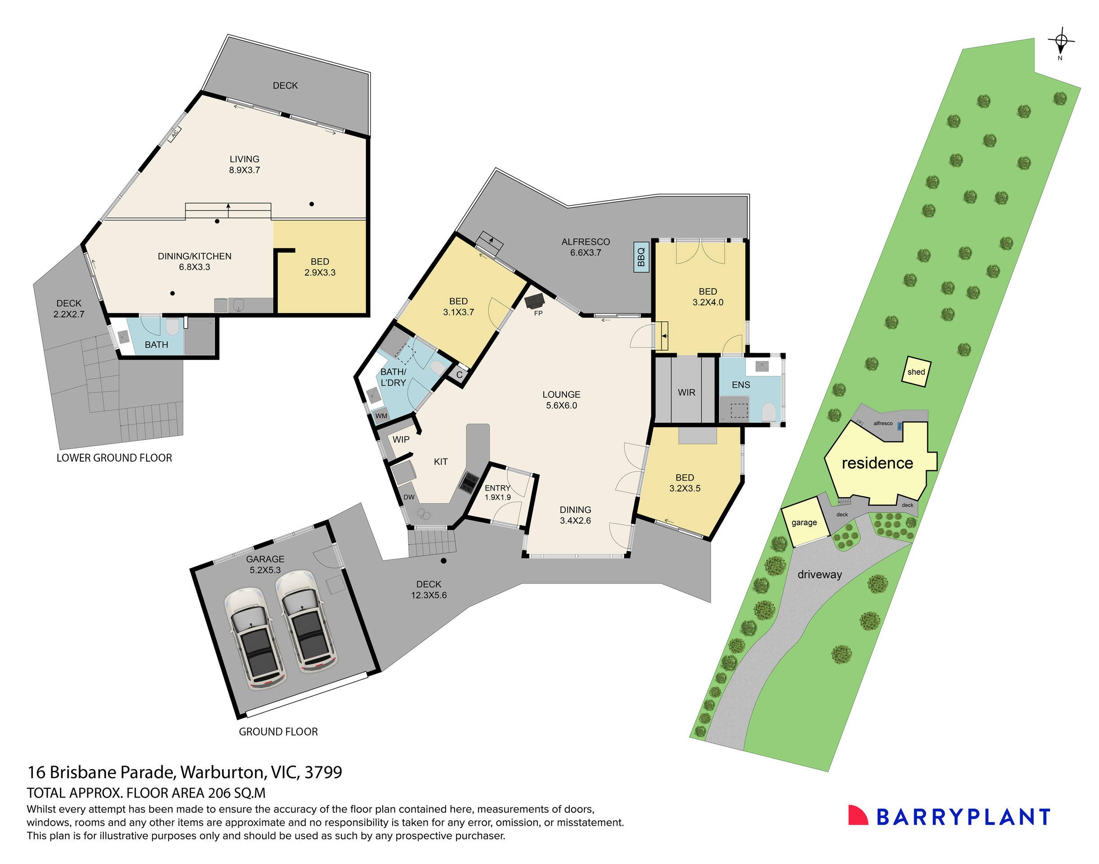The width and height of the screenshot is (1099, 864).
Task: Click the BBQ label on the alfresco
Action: coord(641,257)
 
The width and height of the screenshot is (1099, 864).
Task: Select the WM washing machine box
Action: coord(381,416)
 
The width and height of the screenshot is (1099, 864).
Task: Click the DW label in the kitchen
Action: coord(409,497)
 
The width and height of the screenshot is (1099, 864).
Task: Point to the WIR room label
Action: coord(686,392)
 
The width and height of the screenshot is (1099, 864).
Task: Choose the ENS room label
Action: coord(741,385)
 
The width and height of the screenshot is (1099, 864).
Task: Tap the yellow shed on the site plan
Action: coord(916,372)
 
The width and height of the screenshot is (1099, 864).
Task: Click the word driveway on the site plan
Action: coord(819,575)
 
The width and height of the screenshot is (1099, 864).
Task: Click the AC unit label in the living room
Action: coord(174,134)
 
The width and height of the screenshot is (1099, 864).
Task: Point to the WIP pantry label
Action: coord(401,440)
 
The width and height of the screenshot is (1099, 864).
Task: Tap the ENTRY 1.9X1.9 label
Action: coord(497,492)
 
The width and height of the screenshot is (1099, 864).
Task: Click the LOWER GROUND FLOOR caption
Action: coord(114,458)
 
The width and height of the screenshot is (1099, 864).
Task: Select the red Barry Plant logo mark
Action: coord(858,816)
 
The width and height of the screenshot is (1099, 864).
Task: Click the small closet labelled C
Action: coord(459,375)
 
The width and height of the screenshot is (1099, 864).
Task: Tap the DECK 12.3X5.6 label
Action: coord(429,590)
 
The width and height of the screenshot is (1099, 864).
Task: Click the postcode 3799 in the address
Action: coord(323,773)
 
